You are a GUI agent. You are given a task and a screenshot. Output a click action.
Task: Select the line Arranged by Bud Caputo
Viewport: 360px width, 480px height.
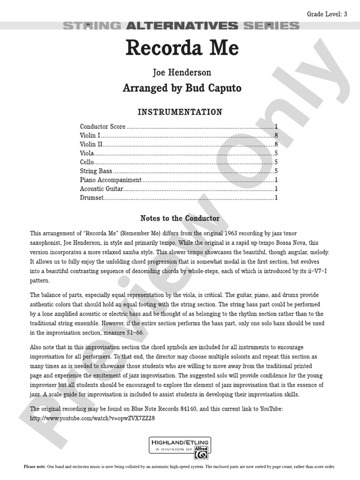click(x=182, y=89)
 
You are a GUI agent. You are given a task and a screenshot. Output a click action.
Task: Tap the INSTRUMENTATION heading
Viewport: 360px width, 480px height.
click(x=180, y=112)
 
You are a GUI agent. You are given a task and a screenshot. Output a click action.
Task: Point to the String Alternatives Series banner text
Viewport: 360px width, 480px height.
click(x=180, y=26)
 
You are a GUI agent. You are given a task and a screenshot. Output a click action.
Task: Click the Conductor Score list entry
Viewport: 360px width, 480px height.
click(x=102, y=127)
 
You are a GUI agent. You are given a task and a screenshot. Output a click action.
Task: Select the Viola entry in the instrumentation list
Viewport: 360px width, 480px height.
click(x=88, y=153)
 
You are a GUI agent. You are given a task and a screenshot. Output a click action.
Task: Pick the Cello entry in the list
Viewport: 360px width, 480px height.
click(x=87, y=162)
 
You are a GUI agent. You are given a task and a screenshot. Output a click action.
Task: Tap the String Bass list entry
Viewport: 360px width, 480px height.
click(x=96, y=171)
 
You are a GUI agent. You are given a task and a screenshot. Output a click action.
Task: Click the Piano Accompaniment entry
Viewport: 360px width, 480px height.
click(x=111, y=179)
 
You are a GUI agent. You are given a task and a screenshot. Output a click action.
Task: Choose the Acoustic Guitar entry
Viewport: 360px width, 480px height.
click(x=101, y=189)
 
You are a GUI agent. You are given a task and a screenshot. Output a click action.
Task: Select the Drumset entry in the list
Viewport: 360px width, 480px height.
click(x=92, y=198)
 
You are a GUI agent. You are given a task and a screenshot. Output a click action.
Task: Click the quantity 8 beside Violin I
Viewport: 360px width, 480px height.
click(x=276, y=136)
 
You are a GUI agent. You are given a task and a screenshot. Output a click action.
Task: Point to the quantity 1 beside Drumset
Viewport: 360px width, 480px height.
click(x=276, y=198)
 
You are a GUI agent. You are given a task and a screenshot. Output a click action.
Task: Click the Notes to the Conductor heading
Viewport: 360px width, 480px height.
click(x=180, y=218)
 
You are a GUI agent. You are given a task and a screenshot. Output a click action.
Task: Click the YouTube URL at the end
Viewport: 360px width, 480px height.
click(x=92, y=418)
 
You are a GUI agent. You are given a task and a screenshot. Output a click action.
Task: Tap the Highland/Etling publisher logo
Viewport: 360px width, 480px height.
click(x=180, y=448)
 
